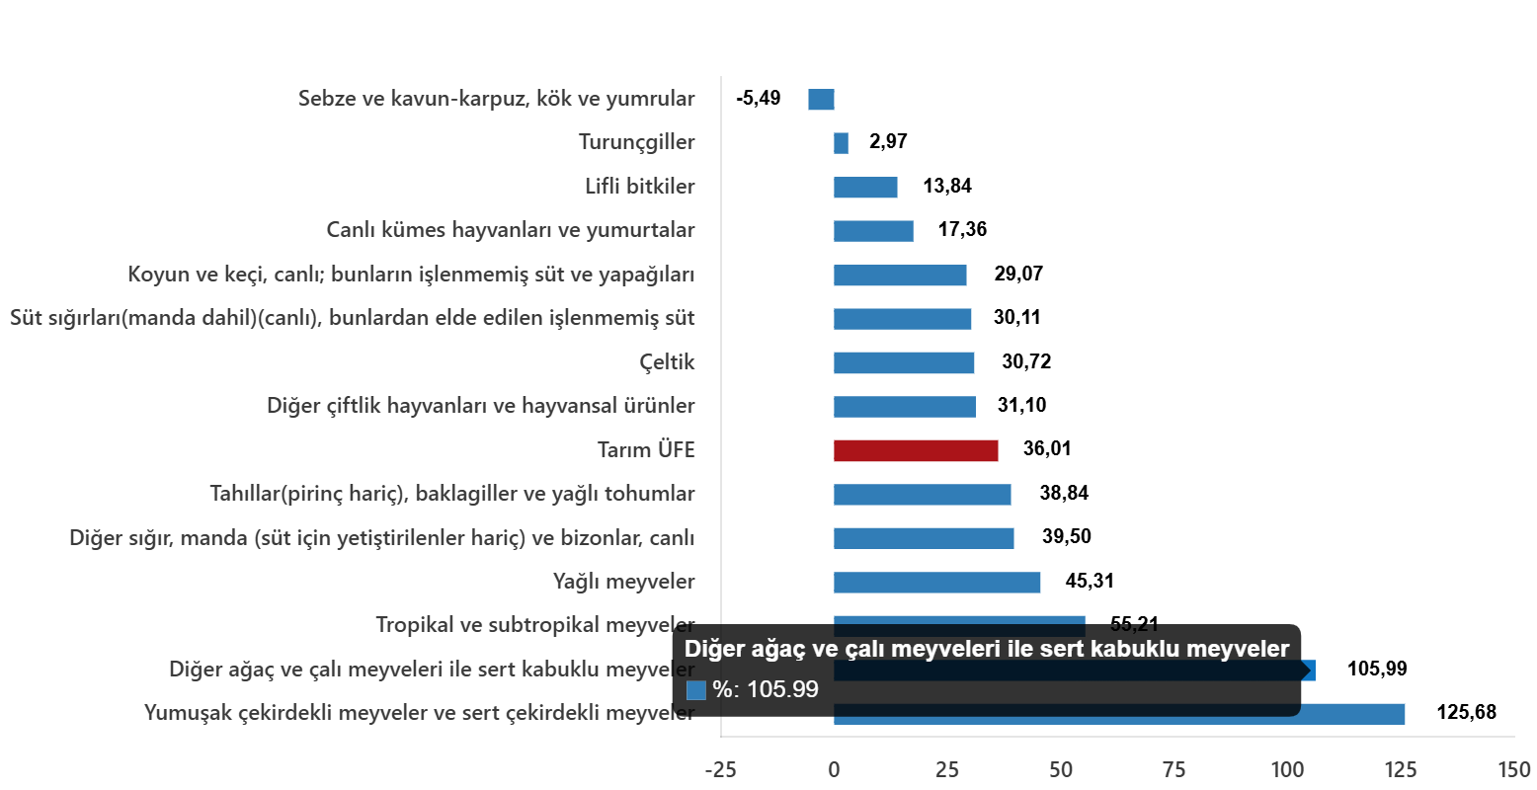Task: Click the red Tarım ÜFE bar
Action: point(916,450)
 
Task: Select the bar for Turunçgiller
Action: point(841,143)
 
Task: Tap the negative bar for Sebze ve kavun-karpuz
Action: point(821,100)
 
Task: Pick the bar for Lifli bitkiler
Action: point(865,188)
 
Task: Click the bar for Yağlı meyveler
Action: point(936,583)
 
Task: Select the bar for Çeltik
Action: point(904,362)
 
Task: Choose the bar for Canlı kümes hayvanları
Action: point(873,231)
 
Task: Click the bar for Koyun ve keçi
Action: point(900,276)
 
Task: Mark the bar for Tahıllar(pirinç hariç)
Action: point(922,495)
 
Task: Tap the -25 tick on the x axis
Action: point(720,769)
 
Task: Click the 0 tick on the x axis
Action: point(834,769)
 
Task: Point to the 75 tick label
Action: point(1173,769)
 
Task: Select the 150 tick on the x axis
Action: point(1513,769)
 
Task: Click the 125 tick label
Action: point(1400,769)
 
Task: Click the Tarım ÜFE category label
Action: point(646,450)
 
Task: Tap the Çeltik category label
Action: point(667,362)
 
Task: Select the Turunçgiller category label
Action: point(636,143)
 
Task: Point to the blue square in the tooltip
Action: point(696,690)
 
